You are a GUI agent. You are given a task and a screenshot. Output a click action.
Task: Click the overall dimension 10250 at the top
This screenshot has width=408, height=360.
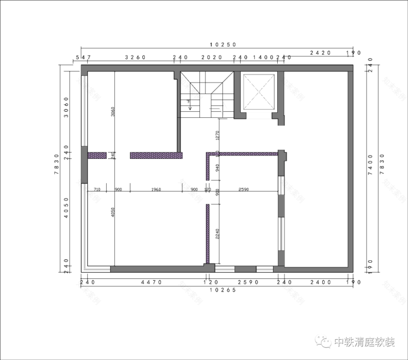(223, 44)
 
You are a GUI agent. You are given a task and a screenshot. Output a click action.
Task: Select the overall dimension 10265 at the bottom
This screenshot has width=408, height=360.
(223, 290)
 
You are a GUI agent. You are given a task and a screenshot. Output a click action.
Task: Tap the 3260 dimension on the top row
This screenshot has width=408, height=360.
(136, 57)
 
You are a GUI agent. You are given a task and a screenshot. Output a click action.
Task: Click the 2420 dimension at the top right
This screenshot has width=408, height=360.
(320, 52)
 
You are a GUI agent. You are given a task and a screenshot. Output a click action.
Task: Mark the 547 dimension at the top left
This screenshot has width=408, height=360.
(83, 57)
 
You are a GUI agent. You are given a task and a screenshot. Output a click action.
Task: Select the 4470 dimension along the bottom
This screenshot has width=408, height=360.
(151, 282)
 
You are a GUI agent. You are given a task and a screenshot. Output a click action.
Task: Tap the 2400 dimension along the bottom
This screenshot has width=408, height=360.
(320, 282)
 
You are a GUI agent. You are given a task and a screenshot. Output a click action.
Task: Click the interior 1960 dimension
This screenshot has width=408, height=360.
(156, 189)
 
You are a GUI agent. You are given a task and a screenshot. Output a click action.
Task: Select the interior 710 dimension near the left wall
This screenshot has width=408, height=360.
(97, 189)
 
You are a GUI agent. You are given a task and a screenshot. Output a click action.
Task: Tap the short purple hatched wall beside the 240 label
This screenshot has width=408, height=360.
(97, 155)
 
